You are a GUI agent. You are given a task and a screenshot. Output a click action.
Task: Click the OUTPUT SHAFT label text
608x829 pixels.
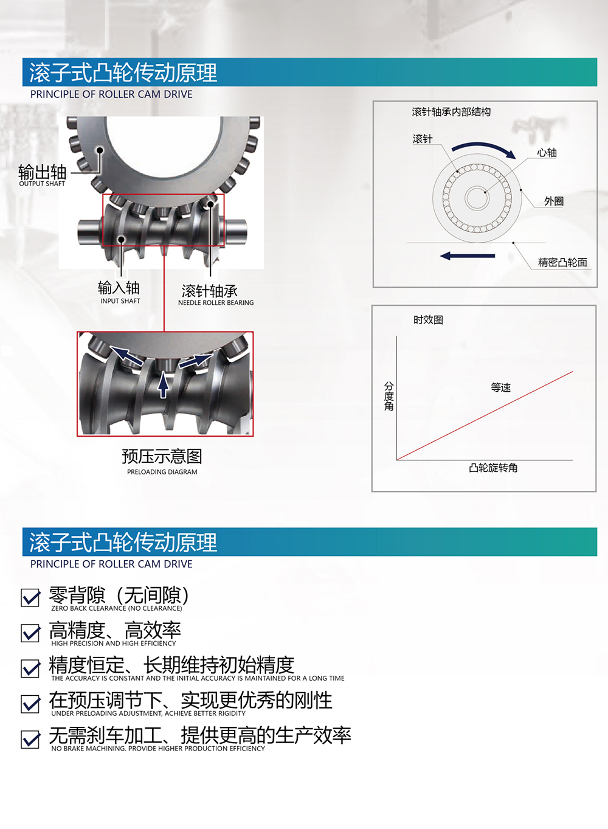pos(42,184)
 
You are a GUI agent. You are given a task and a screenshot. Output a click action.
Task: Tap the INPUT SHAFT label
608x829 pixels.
pos(120,301)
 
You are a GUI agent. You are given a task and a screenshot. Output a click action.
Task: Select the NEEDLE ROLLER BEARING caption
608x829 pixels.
pos(216,302)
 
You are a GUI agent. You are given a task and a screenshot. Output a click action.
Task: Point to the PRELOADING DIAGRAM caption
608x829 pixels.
pos(162,472)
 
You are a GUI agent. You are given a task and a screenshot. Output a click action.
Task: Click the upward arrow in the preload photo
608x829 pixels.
pos(163,385)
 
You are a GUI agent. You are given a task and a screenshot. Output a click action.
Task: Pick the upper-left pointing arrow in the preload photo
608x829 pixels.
pos(126,356)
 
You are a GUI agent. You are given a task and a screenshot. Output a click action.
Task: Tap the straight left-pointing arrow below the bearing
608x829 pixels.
pos(468,255)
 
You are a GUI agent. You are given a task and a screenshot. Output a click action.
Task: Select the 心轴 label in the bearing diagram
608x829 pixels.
pos(547,153)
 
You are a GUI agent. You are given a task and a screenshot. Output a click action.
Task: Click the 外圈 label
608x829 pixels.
pos(554,201)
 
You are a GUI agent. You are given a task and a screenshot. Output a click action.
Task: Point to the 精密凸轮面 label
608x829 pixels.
pos(562,262)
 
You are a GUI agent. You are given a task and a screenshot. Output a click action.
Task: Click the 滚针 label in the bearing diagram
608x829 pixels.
pos(422,139)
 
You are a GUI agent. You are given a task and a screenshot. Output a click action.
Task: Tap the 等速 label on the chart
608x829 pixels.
pos(500,387)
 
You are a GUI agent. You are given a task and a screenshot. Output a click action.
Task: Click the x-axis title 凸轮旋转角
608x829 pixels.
pos(493,468)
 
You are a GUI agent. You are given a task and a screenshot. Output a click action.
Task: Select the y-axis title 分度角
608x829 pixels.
pos(389,396)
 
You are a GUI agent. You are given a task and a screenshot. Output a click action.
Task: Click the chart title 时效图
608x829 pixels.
pos(428,320)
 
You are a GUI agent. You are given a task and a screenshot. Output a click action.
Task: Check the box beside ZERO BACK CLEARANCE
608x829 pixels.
pos(30,598)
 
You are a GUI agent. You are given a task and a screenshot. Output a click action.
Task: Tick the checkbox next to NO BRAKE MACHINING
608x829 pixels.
pos(30,739)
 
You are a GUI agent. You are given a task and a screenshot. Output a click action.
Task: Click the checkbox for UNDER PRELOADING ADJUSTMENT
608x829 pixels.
pos(30,704)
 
